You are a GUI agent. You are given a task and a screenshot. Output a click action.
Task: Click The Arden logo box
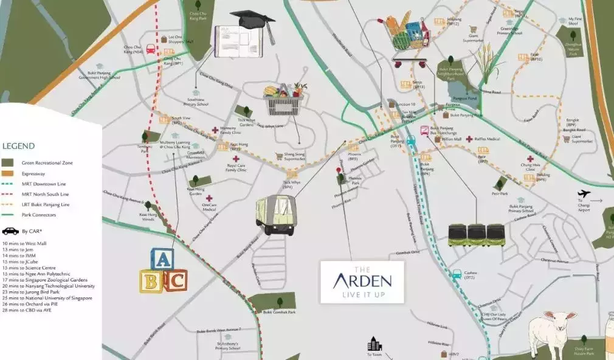[x=362, y=282]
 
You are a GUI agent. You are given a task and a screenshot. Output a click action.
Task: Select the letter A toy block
[x=162, y=260]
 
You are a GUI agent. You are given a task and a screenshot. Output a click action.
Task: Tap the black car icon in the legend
[x=10, y=231]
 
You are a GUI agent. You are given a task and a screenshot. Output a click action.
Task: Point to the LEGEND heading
[x=19, y=146]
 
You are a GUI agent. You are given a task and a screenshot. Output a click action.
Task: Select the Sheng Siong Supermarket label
[x=294, y=157]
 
